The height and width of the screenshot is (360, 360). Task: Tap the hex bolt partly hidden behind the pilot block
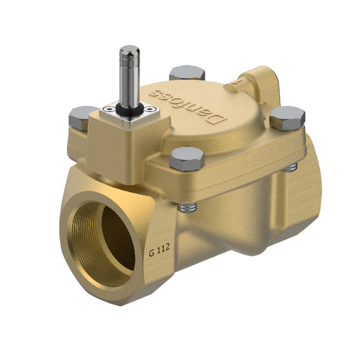79,115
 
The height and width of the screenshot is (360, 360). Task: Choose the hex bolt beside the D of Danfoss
287,117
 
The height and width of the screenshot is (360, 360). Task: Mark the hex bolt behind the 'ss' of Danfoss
187,73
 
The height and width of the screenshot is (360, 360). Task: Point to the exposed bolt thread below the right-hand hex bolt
289,168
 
